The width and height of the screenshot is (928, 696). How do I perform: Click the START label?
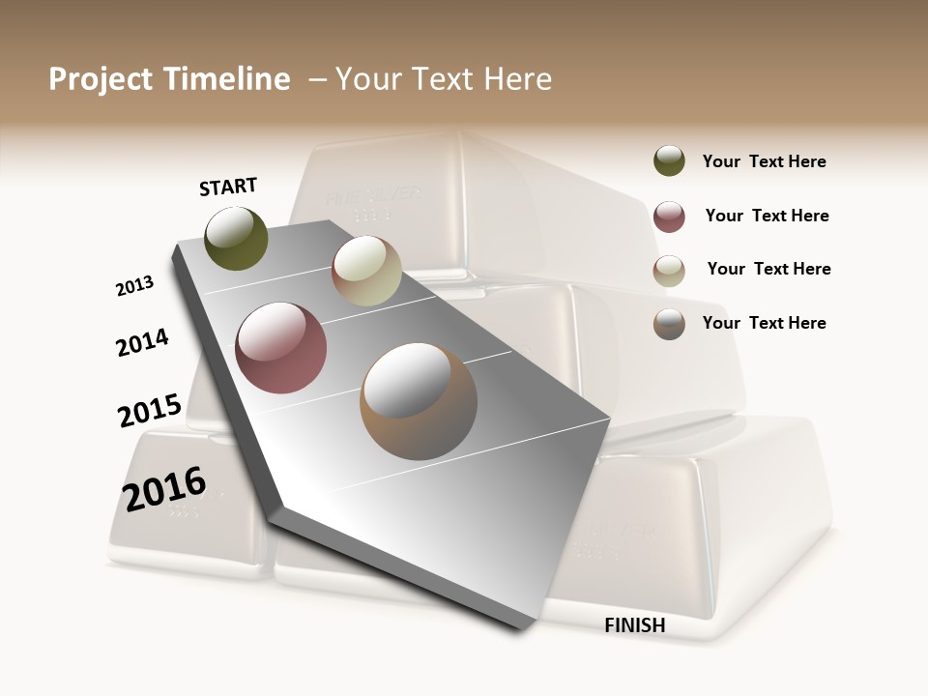(x=228, y=187)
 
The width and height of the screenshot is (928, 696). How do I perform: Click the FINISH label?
(x=635, y=625)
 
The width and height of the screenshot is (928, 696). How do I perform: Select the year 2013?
(x=135, y=286)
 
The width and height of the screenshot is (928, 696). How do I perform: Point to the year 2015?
(x=150, y=411)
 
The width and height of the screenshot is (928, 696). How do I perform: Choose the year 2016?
(x=164, y=488)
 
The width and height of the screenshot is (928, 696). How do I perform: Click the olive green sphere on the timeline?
(x=237, y=238)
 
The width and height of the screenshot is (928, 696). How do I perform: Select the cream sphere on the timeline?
(x=366, y=272)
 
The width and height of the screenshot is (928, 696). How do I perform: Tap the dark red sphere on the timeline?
(x=281, y=348)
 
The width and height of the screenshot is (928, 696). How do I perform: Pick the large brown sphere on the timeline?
(x=419, y=401)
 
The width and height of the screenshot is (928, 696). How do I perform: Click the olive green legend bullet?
(x=669, y=161)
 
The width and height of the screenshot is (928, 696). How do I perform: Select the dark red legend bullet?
(x=669, y=217)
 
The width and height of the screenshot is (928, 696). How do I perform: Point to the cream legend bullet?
(x=669, y=271)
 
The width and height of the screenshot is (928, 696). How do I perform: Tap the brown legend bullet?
(x=669, y=324)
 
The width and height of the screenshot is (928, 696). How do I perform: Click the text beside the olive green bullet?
(x=764, y=162)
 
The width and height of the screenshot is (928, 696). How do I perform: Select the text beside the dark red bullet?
(x=767, y=216)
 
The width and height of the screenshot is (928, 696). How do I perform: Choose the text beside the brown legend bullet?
(x=764, y=323)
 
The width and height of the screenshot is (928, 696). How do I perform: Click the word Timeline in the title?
(x=226, y=79)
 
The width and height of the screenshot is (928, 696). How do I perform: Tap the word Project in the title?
(x=100, y=79)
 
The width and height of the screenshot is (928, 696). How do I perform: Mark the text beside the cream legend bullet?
(x=768, y=269)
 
